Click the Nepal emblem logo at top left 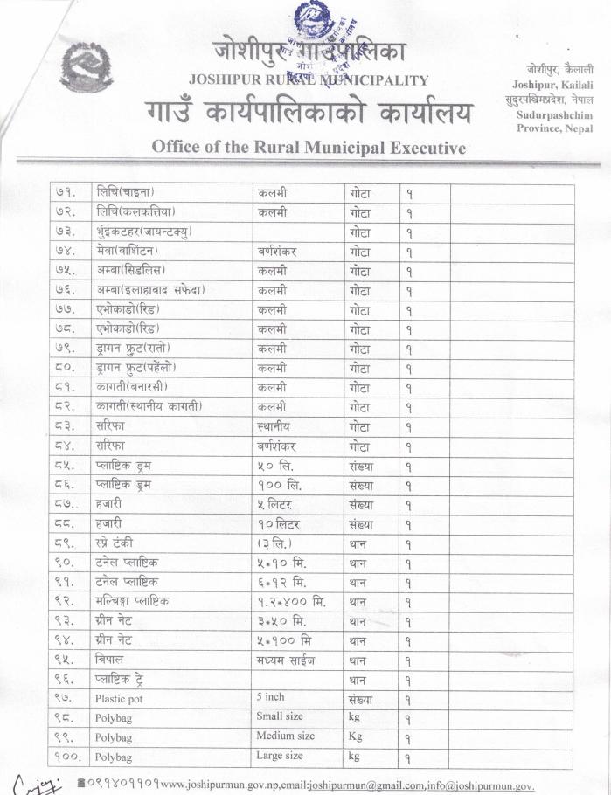[86, 67]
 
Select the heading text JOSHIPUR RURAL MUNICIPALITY [309, 81]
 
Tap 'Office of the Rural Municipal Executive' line [309, 147]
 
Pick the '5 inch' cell [271, 698]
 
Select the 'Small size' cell [280, 717]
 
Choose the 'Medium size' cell [285, 736]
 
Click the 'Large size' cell [280, 757]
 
